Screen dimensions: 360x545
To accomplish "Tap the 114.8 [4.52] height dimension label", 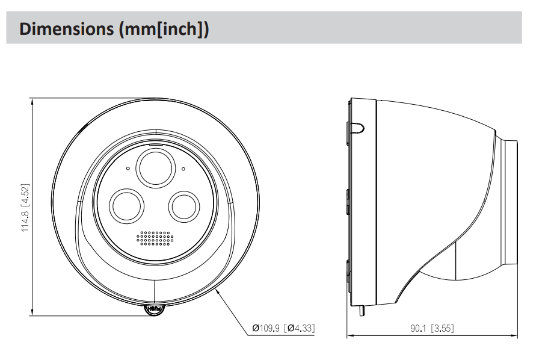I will pos(25,208).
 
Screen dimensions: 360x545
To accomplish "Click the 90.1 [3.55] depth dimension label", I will pos(432,329).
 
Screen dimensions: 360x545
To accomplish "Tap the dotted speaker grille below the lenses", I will pos(155,238).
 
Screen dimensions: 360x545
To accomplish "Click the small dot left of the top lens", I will pos(128,168).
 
